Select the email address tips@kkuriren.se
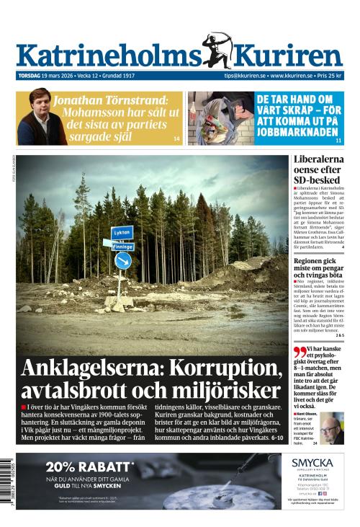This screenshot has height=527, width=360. coord(245,76)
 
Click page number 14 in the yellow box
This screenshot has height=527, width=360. coord(177,138)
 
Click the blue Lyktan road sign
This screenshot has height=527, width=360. coord(122,232)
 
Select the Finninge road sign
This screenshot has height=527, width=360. coord(123,246)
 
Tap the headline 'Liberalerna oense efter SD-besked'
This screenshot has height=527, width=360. coord(318,169)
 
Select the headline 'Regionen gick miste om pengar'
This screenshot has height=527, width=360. coord(318,269)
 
